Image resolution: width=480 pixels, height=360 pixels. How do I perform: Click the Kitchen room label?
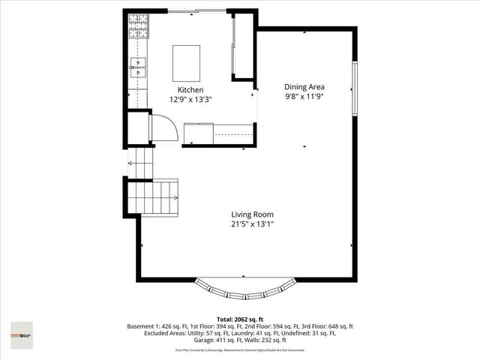tap(190, 89)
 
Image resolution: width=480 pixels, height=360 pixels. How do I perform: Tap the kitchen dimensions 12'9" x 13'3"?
tap(190, 98)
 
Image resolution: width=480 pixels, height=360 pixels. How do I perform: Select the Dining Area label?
tap(304, 86)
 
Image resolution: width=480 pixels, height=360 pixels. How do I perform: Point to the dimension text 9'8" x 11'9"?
tap(304, 96)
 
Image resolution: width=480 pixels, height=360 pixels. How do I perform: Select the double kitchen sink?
tap(138, 67)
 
